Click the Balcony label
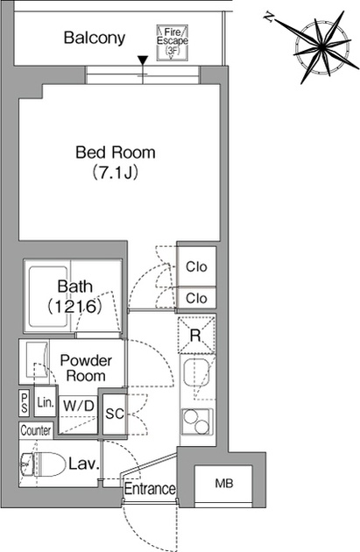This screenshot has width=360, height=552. coord(95,38)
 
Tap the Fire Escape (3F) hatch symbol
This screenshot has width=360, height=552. coord(172,43)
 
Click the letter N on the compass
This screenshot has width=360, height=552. coord(269,17)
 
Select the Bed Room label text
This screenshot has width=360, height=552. coord(116,152)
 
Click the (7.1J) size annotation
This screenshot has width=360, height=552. coord(115,173)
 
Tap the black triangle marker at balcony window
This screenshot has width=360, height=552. coord(142,60)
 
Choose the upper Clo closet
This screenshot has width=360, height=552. coord(196,266)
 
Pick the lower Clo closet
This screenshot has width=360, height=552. coord(196,298)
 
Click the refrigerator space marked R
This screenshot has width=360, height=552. coord(196,335)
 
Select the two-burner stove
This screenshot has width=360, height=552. coord(197,422)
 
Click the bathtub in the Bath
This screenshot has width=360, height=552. coord(48,297)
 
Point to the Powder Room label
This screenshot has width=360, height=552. coord(86,368)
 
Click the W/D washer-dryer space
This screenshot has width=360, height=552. coord(79,414)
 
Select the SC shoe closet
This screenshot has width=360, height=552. coord(115,414)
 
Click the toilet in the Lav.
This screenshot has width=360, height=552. coord(43,464)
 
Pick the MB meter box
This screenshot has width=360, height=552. coord(223,484)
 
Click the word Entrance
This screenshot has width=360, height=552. coord(150,489)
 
